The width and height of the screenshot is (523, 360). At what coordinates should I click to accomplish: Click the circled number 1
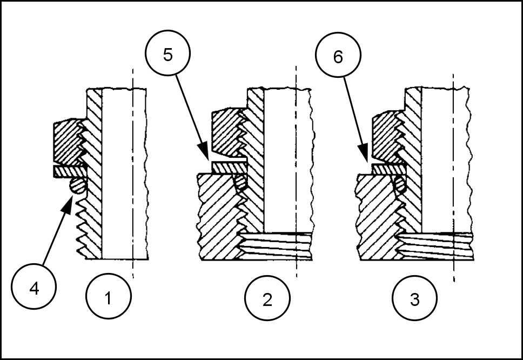pos(108,298)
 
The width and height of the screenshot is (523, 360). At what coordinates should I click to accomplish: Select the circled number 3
pos(415,299)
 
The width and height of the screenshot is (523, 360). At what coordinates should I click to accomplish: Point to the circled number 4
pos(34,289)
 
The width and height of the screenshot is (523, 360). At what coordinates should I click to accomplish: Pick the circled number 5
pos(168,56)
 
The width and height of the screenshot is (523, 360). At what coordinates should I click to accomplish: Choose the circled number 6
pos(338,57)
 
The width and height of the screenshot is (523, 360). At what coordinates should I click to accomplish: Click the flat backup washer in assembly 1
pos(68,171)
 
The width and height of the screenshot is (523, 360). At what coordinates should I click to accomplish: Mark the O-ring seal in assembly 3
pos(400,184)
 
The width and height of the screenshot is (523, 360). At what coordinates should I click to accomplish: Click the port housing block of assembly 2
pos(216,216)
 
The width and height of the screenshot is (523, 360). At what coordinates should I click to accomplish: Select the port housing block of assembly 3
pos(376,216)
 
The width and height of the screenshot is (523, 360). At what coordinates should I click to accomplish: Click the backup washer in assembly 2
pos(228,168)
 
